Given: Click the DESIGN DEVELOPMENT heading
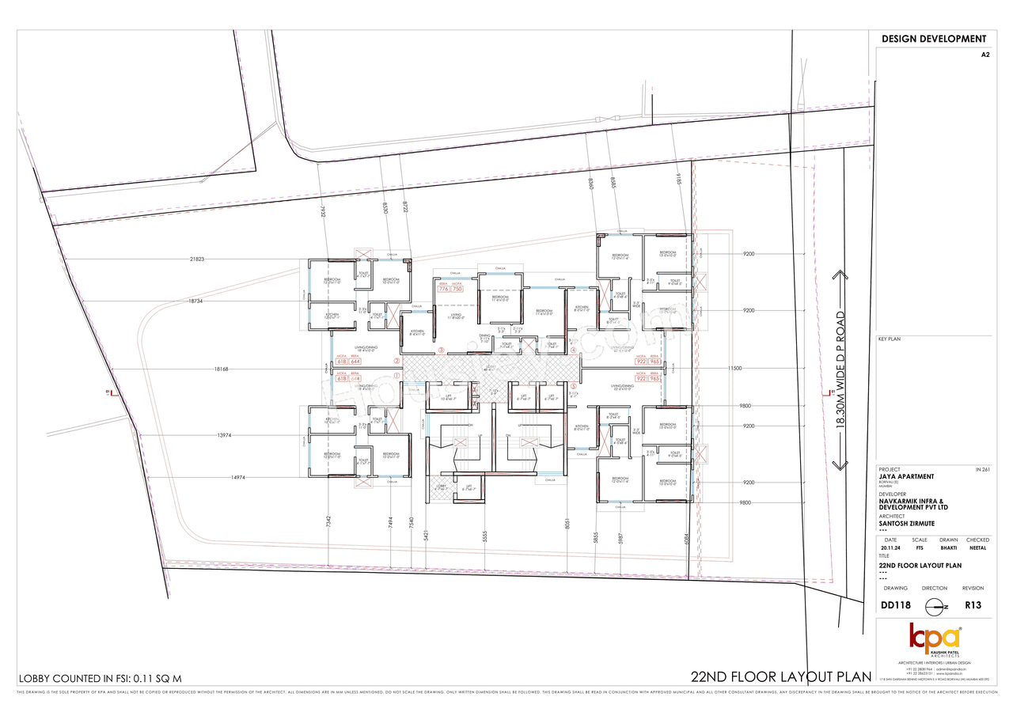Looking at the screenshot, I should [x=934, y=39].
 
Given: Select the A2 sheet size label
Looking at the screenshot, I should [x=985, y=55].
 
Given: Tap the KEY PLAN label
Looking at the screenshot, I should [x=890, y=339].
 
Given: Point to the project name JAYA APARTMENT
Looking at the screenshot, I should [x=906, y=476].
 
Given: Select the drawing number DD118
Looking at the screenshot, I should [x=895, y=605].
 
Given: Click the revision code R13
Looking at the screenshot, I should [x=973, y=605].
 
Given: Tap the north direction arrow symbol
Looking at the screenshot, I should [x=935, y=606].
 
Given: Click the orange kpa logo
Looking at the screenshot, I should [x=935, y=638].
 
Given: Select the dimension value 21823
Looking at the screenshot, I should [x=197, y=260].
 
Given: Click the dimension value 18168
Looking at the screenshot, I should [x=221, y=369].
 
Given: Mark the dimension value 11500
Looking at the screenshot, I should [x=735, y=369].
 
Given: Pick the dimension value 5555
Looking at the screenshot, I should [x=484, y=536].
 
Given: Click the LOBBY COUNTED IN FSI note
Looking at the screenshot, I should [x=101, y=679].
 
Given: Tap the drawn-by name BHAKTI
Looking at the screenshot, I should [x=948, y=547].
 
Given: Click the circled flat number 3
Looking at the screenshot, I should [x=441, y=350].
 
